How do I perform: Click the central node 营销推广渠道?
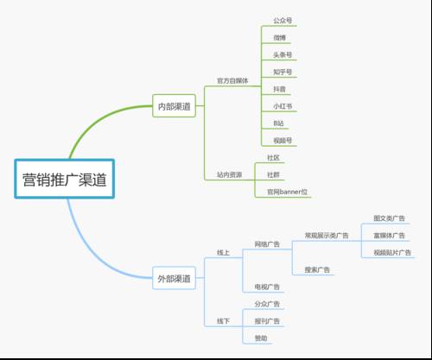[65, 180]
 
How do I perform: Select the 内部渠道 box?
[174, 107]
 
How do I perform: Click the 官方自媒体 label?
[232, 80]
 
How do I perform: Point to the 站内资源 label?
[229, 174]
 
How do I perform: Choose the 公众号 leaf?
[280, 20]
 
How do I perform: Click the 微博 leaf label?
[278, 39]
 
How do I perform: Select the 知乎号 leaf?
[281, 72]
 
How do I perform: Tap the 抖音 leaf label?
[278, 89]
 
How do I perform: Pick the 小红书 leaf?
[282, 106]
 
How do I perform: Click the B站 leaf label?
[278, 123]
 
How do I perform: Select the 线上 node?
[223, 252]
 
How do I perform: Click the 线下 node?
[223, 321]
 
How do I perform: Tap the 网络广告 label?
[268, 244]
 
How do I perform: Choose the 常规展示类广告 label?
[327, 235]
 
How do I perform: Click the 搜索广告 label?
[318, 269]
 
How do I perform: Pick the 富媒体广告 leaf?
[389, 235]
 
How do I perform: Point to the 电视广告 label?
[267, 286]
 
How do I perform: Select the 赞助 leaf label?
[261, 338]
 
